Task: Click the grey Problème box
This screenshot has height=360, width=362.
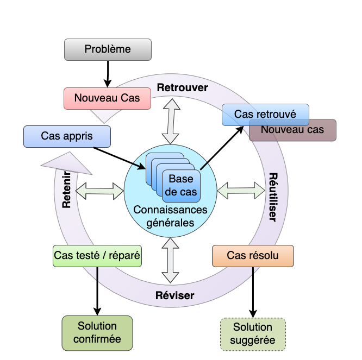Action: pos(108,49)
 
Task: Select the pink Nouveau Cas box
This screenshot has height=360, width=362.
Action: pos(107,98)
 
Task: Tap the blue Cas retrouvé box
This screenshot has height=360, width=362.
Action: pos(265,115)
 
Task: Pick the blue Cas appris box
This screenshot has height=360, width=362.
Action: pos(67,136)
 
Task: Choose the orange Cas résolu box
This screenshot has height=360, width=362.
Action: pos(253,255)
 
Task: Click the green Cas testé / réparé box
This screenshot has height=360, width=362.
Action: pos(97,255)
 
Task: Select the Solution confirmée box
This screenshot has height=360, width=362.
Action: pos(97,332)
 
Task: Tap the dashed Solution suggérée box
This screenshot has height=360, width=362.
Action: pos(253,334)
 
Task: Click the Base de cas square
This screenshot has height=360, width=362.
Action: pos(181,185)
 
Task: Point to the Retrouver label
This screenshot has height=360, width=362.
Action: pos(182,87)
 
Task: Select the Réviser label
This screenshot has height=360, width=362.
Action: pos(175,296)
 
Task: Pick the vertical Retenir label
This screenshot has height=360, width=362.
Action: pos(67,190)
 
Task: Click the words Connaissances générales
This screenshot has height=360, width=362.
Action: pos(171,216)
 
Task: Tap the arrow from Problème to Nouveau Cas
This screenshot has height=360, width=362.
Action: pos(108,74)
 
